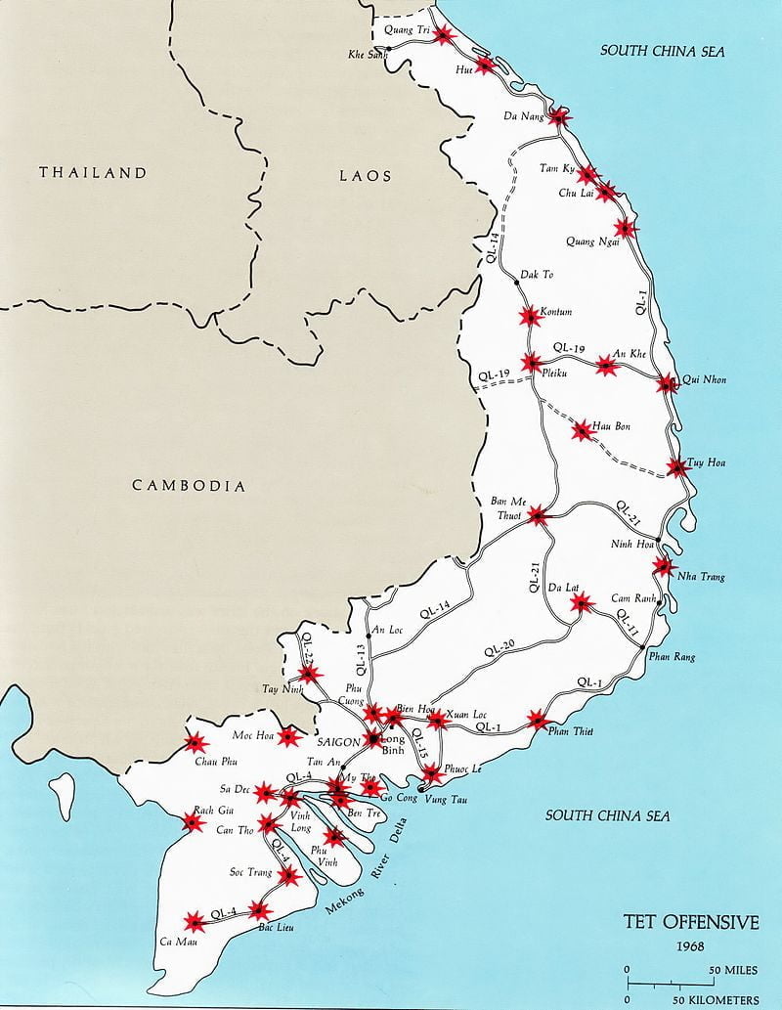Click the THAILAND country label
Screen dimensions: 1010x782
click(93, 173)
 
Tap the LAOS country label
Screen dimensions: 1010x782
click(366, 176)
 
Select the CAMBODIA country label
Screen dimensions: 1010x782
click(189, 485)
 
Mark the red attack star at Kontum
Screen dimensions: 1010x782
click(529, 316)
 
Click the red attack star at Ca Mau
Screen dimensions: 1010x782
click(195, 921)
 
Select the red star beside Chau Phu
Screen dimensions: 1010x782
click(194, 745)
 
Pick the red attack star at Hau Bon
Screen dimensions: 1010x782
click(582, 429)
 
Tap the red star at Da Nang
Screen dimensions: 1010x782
click(558, 117)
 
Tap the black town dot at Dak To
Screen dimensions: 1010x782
click(515, 283)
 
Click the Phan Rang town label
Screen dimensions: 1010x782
click(672, 657)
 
